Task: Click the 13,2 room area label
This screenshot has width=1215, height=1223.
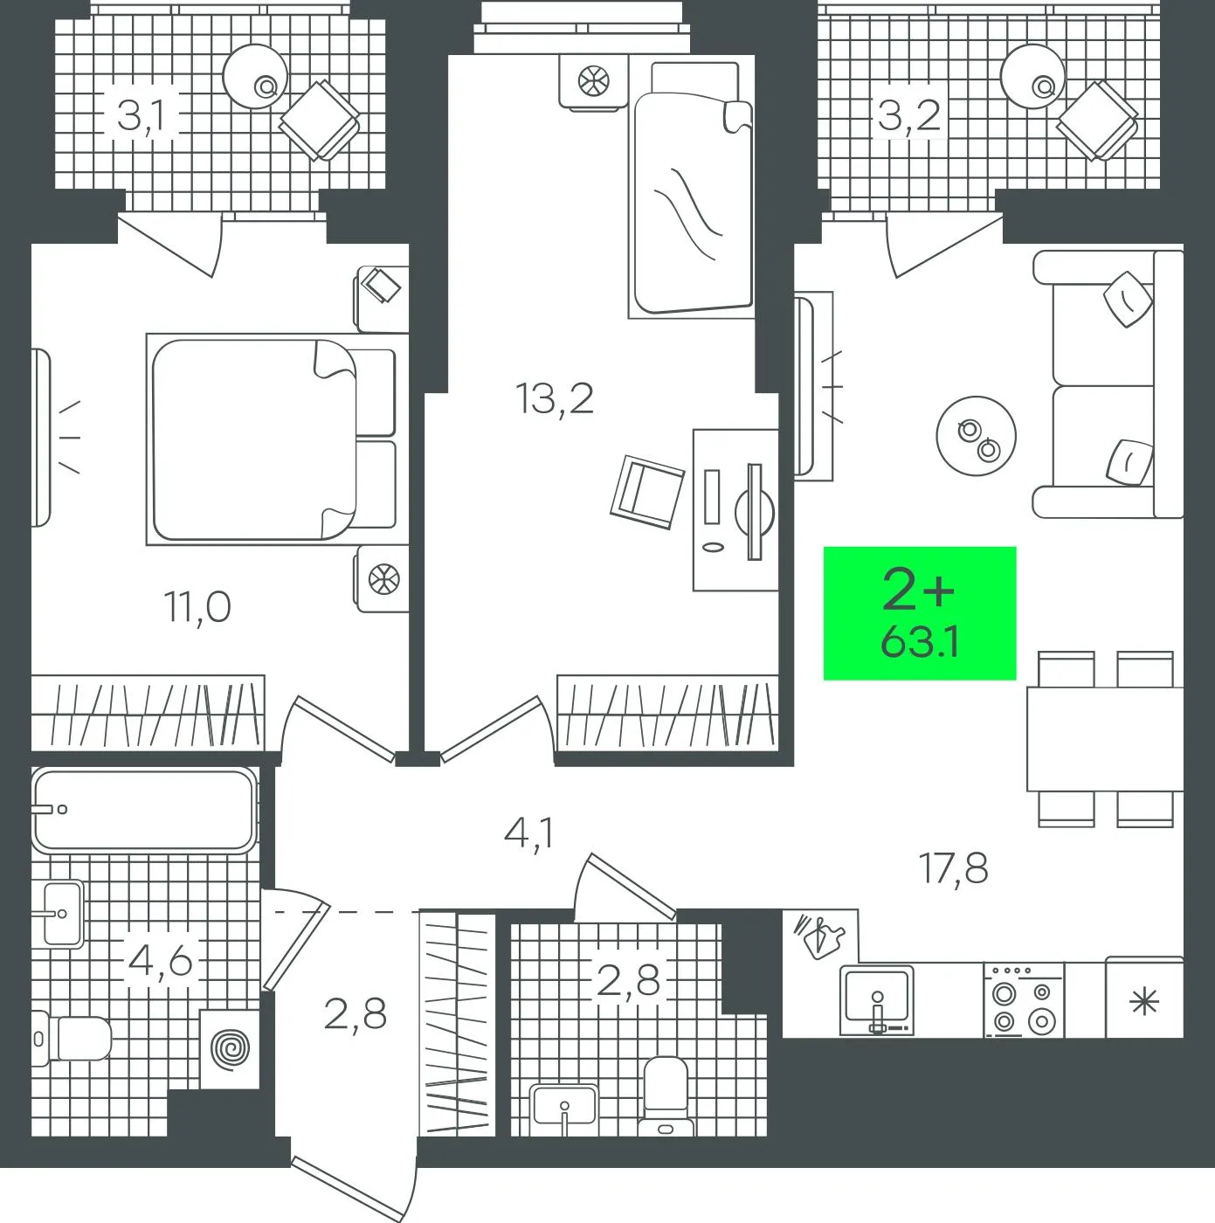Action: pos(554,399)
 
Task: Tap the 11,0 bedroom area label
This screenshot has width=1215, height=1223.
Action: pos(197,607)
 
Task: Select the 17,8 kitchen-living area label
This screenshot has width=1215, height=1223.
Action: pos(954,869)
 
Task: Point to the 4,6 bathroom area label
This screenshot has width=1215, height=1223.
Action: pos(159,962)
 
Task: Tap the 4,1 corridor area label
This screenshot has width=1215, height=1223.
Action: pos(528,833)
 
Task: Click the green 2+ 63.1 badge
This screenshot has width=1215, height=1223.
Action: pos(919,613)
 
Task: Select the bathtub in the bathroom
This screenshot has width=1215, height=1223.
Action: pos(145,809)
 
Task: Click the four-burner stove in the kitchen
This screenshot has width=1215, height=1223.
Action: pos(1024,999)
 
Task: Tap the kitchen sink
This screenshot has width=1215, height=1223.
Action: pos(877,1000)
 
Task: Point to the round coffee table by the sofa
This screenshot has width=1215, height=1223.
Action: pos(976,436)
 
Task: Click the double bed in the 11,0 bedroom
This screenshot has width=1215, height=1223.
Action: pos(271,439)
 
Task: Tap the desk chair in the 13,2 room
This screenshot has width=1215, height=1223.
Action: pos(647,493)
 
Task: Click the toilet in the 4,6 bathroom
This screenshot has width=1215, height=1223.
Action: pos(71,1039)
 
